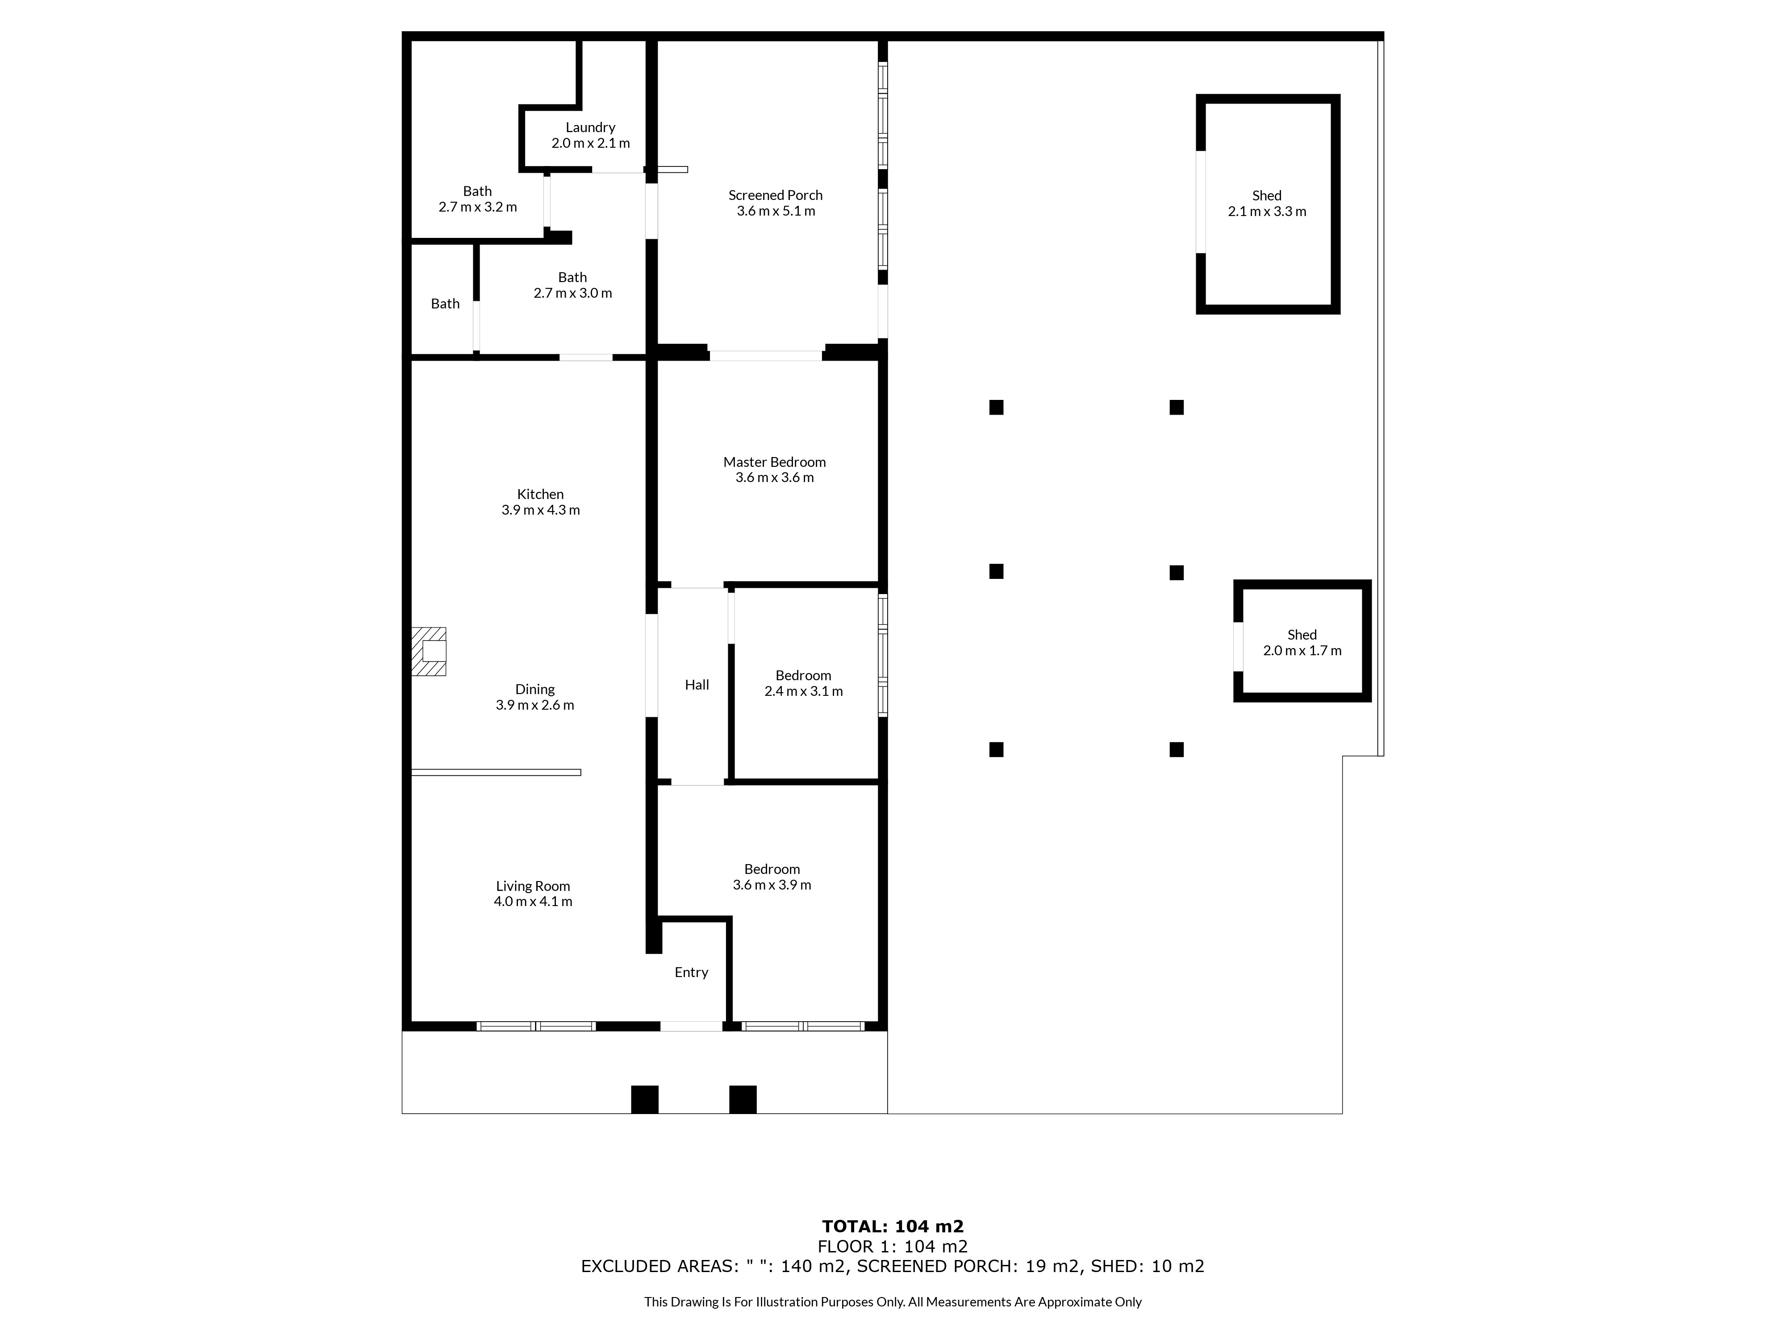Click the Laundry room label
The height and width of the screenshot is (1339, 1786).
590,128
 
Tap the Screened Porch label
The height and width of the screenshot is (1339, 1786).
775,195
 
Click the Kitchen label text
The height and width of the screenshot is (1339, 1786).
540,495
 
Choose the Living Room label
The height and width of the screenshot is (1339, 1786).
533,886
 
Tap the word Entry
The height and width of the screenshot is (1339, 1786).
691,973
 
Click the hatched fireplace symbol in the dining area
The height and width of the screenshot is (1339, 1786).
429,651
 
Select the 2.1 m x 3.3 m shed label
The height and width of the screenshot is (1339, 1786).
1267,212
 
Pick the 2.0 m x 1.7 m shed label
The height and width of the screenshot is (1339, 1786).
1302,651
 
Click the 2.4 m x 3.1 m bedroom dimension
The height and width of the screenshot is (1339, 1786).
803,692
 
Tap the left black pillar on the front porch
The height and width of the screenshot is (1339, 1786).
644,1099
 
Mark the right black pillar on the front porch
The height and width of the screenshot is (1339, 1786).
743,1099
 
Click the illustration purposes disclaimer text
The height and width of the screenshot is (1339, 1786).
893,1302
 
